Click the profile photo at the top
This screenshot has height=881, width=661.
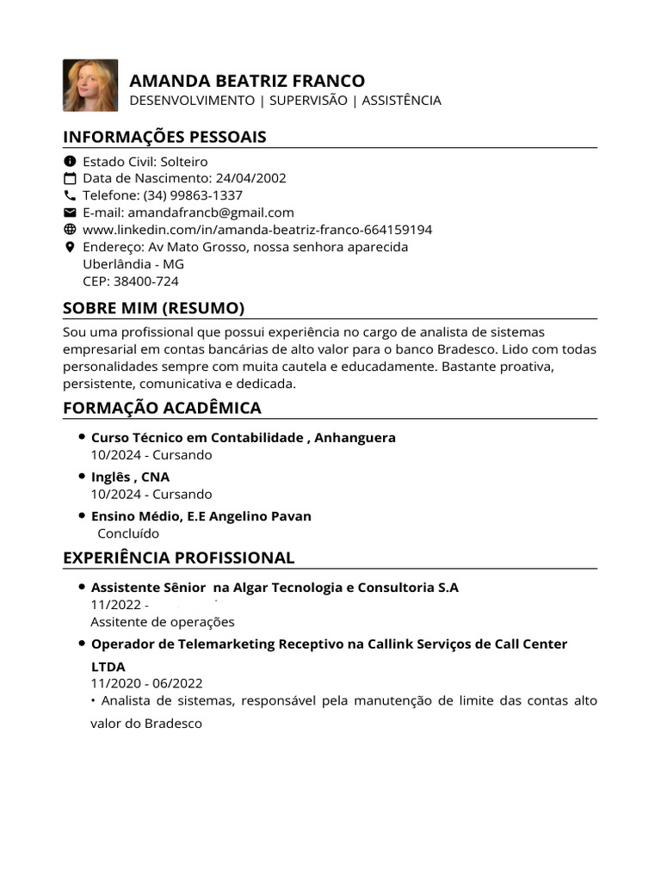pyautogui.click(x=90, y=85)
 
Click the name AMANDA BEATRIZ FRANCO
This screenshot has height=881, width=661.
pyautogui.click(x=246, y=81)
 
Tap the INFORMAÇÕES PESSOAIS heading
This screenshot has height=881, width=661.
pyautogui.click(x=164, y=137)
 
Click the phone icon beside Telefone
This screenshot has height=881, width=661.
pyautogui.click(x=71, y=195)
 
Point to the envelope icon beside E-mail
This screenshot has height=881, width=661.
pyautogui.click(x=71, y=213)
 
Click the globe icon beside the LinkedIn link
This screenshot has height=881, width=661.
pyautogui.click(x=71, y=230)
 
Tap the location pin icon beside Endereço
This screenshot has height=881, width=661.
pyautogui.click(x=71, y=247)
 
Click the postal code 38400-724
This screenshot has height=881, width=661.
pyautogui.click(x=147, y=281)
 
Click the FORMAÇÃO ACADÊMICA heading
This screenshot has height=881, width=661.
pyautogui.click(x=162, y=408)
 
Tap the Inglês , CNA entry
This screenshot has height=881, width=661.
pyautogui.click(x=130, y=477)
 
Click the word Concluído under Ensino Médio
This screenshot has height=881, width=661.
pyautogui.click(x=128, y=533)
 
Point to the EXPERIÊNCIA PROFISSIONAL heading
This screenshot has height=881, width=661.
pyautogui.click(x=178, y=558)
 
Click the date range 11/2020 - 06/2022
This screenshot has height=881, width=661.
pyautogui.click(x=146, y=683)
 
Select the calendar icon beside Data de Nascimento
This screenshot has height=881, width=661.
pyautogui.click(x=71, y=178)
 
